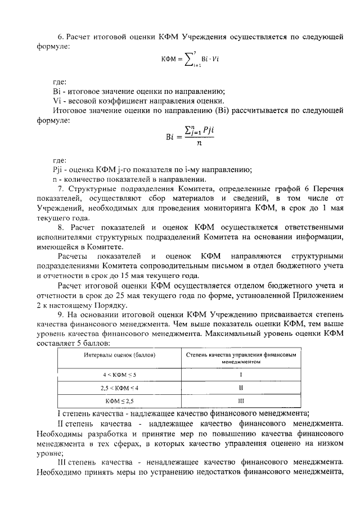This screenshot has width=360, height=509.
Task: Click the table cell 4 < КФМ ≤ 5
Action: (x=119, y=374)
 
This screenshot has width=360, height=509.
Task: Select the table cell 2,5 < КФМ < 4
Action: (x=119, y=388)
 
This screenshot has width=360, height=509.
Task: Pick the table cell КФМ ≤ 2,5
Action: (x=119, y=401)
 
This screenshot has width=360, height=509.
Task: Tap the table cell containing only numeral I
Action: (x=241, y=374)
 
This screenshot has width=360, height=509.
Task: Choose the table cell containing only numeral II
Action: (x=241, y=388)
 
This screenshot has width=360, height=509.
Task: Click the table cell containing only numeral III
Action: (x=241, y=401)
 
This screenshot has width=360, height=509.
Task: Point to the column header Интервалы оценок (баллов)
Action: (x=119, y=357)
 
